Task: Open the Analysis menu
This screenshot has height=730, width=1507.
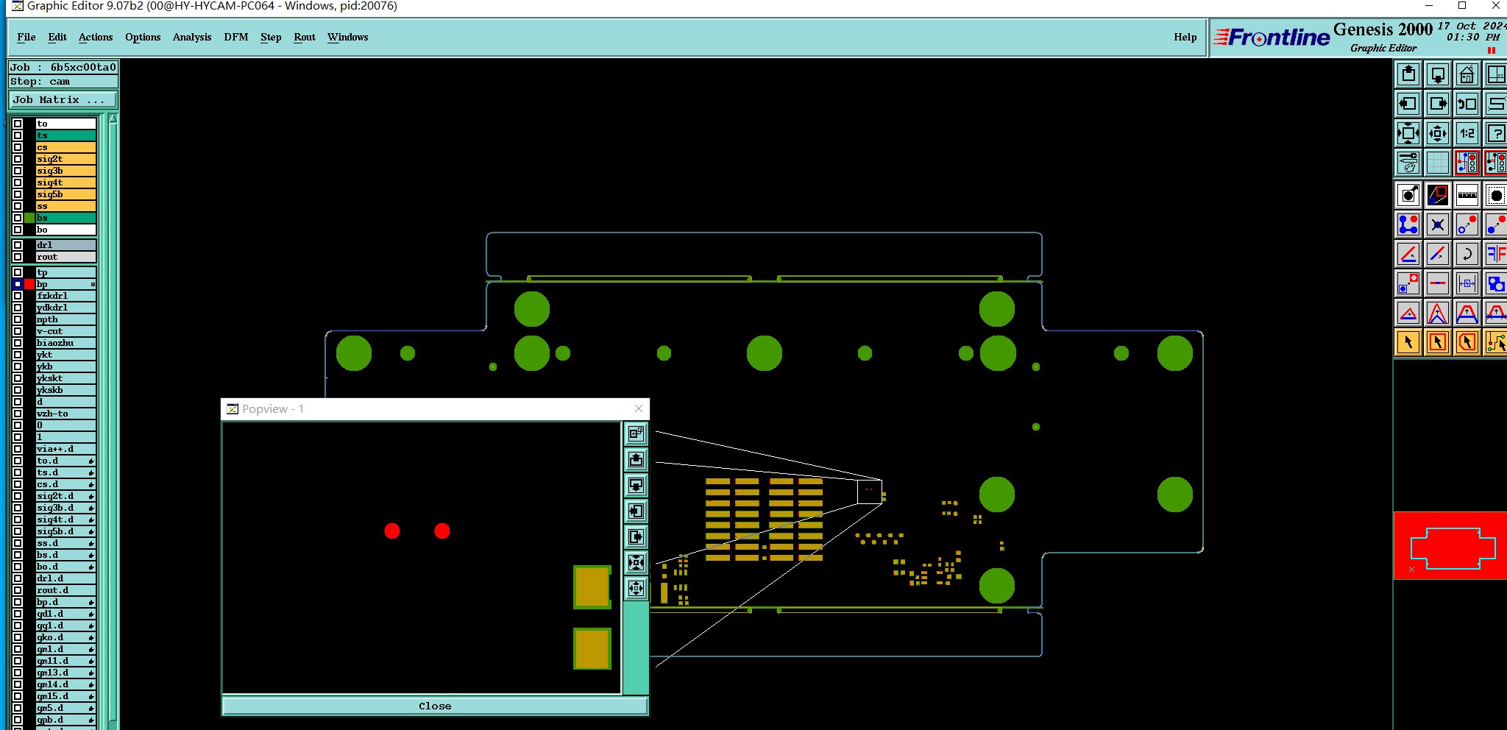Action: pos(191,37)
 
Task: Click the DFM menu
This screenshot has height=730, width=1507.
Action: pos(235,37)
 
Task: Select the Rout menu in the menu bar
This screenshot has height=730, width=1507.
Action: pos(304,37)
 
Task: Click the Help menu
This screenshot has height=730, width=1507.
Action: pos(1185,37)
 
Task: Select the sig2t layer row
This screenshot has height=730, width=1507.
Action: pos(65,159)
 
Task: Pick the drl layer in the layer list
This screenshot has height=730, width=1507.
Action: pos(65,245)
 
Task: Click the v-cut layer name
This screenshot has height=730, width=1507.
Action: pos(65,331)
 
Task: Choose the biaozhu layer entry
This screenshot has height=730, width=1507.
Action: pos(65,343)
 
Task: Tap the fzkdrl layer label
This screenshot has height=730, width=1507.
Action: pos(65,296)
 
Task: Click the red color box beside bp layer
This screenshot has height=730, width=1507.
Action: pos(29,284)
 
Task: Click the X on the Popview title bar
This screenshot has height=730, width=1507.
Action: pos(638,408)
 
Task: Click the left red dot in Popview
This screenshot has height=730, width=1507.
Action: pos(392,531)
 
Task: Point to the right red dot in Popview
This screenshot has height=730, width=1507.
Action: pos(442,531)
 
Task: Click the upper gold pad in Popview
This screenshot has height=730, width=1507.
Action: pos(592,587)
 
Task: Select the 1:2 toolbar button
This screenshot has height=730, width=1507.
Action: pos(1467,133)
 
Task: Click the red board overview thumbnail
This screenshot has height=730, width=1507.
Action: pos(1450,546)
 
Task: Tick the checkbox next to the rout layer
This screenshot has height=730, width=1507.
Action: pos(18,257)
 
